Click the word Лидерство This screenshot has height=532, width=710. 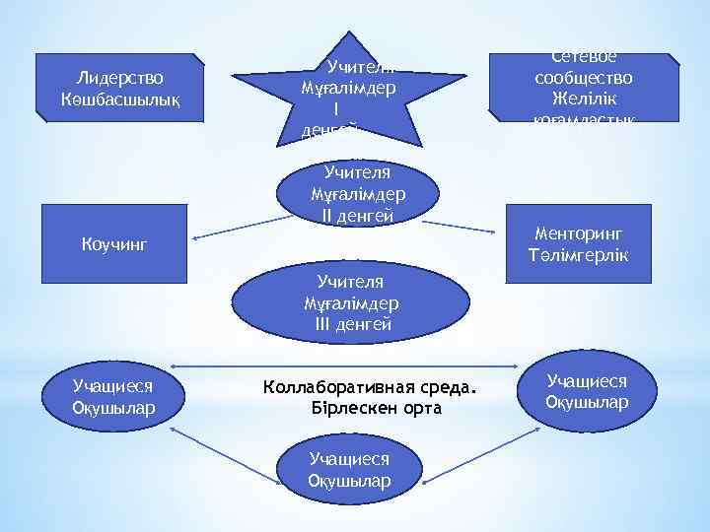(119, 78)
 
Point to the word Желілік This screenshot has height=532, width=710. (585, 100)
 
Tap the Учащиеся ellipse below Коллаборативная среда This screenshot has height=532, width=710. (349, 470)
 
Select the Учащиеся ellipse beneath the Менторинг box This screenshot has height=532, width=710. (587, 392)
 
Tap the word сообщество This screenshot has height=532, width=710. (585, 79)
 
